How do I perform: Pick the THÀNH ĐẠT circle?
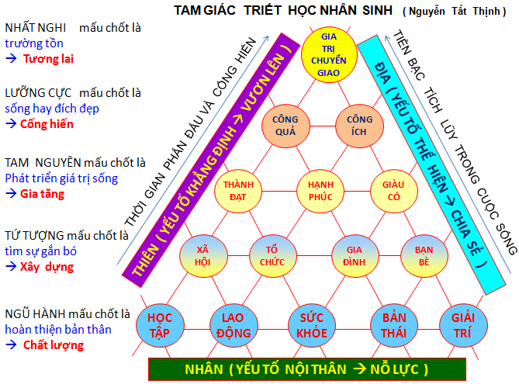click(239, 191)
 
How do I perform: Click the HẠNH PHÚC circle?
click(320, 191)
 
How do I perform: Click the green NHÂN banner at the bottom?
click(306, 369)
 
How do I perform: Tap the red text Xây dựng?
click(48, 266)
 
